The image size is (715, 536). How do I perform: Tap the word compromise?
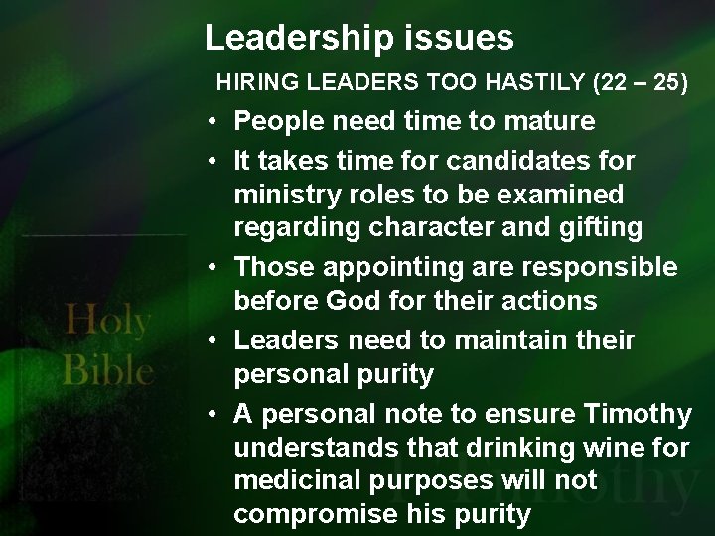[x=317, y=514]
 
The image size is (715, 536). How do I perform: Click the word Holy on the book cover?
[x=106, y=322]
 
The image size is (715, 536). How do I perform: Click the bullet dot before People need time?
[x=214, y=123]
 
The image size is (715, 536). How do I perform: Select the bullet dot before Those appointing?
[x=214, y=268]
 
